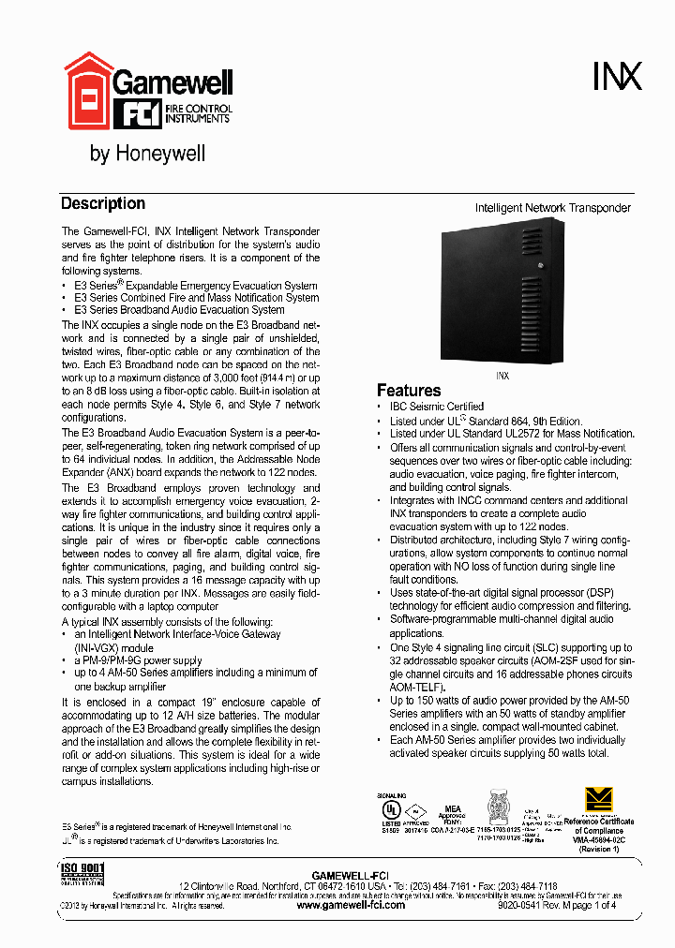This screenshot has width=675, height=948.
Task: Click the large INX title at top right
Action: (x=617, y=76)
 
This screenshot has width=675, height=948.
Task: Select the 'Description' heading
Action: (x=102, y=203)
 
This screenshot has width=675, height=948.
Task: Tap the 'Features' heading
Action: (x=408, y=390)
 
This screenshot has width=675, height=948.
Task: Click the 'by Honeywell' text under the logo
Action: (x=147, y=154)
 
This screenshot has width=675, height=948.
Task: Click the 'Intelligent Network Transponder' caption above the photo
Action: (x=552, y=208)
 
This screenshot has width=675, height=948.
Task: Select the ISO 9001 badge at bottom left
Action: (x=82, y=873)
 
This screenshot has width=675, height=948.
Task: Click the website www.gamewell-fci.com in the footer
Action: (x=350, y=905)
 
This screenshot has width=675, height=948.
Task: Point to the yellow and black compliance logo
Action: (x=598, y=799)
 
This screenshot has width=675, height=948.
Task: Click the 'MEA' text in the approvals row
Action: (x=452, y=808)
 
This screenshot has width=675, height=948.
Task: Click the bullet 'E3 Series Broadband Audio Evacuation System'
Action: (x=179, y=309)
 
